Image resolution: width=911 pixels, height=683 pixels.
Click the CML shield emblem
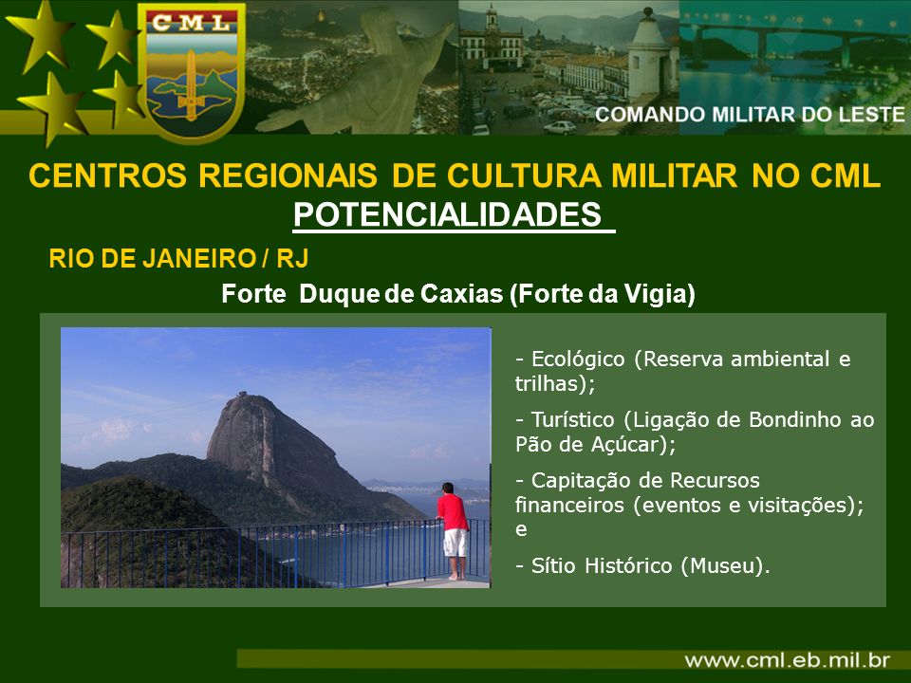pos(191,72)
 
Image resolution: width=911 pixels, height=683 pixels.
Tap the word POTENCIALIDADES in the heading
pos(447,214)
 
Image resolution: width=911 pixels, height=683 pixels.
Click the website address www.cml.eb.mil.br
pos(788,660)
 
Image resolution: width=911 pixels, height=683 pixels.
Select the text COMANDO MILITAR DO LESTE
pos(750,115)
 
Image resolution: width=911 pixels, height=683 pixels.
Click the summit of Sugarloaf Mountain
pos(242,396)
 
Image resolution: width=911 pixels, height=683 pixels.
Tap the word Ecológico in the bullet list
pos(578,359)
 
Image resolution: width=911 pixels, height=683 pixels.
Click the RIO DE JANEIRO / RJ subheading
pos(178,258)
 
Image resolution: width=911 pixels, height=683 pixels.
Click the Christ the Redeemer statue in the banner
pos(354,76)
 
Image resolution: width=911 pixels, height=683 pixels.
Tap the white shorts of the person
pos(455,543)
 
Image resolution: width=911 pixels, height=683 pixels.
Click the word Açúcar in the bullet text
pos(628,444)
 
